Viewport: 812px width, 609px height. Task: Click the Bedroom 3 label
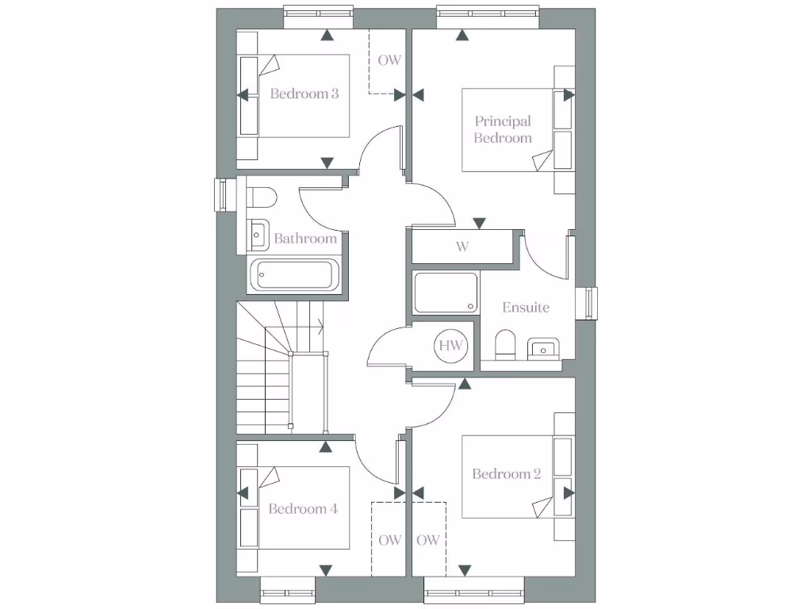(304, 94)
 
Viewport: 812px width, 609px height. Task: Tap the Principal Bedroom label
(503, 129)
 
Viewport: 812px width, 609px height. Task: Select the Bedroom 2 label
(506, 474)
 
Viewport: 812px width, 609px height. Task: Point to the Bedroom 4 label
(303, 509)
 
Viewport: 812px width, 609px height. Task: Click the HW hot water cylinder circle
(451, 346)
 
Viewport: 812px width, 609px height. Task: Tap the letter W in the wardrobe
(462, 247)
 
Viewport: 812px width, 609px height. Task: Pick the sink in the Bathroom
(258, 232)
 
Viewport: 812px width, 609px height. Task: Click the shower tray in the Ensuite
(446, 293)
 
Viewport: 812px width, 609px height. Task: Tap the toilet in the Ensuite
(505, 345)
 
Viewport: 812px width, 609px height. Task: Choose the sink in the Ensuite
(543, 346)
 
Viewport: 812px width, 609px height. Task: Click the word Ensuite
(526, 308)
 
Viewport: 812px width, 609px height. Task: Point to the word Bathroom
(305, 238)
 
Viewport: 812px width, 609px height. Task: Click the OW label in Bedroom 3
(389, 60)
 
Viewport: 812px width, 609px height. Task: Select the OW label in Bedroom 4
(389, 541)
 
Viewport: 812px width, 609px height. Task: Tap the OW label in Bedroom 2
(428, 541)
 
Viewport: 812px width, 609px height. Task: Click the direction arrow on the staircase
(319, 324)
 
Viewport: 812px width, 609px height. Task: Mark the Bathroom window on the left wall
(221, 195)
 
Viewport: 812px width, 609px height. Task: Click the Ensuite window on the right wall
(590, 304)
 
